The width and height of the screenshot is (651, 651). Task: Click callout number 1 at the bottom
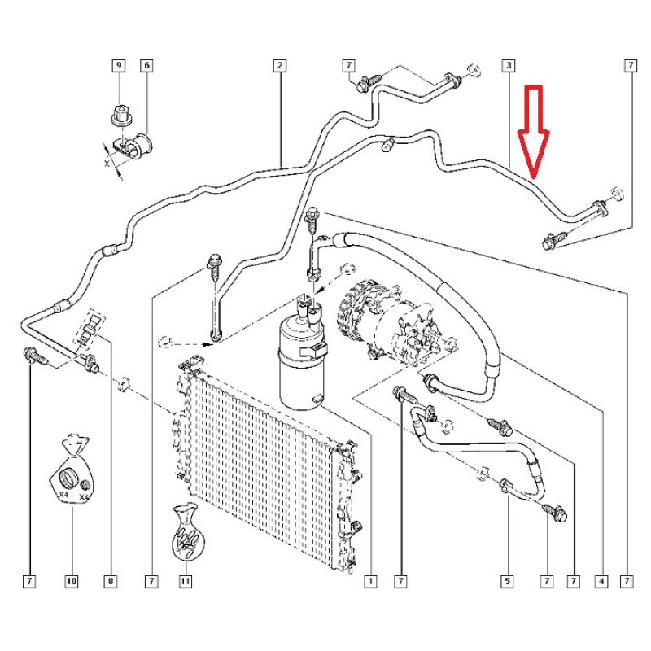(370, 581)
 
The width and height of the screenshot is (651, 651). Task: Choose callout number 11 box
(186, 581)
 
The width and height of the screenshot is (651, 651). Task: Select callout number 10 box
(72, 581)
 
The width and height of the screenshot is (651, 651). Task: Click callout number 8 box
(110, 581)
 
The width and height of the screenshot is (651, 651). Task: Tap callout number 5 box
(507, 581)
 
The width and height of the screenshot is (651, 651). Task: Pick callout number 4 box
(601, 581)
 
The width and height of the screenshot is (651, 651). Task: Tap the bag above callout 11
(186, 533)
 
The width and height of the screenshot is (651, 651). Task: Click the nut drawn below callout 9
(120, 115)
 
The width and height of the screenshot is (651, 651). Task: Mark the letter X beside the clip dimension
(107, 164)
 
